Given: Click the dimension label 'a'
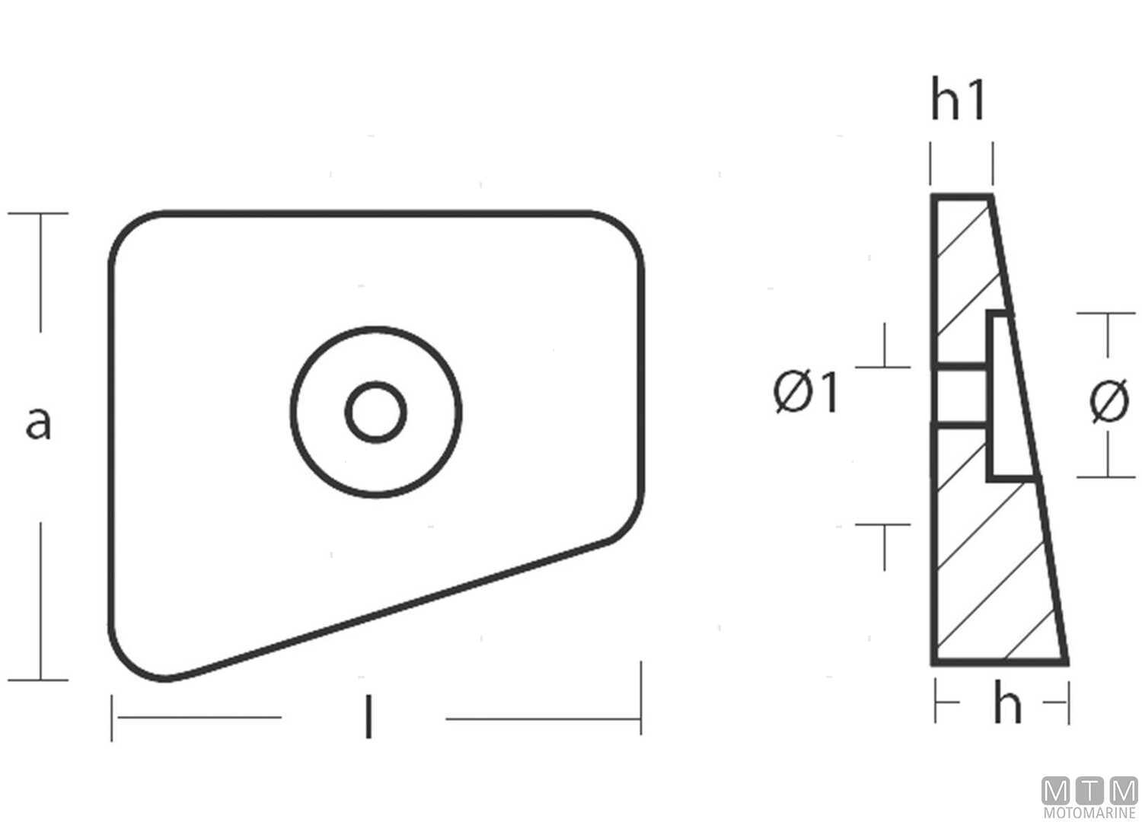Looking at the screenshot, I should [x=38, y=422].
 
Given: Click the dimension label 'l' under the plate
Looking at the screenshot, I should [x=368, y=717].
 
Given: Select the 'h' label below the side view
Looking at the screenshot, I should [x=1006, y=704].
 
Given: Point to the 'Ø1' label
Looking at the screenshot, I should [x=805, y=393].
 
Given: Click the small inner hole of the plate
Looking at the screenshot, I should [x=375, y=412].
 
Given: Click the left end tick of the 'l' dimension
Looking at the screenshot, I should [x=112, y=717].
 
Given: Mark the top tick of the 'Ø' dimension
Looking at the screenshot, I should [x=1105, y=313].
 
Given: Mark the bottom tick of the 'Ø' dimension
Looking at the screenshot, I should [x=1105, y=477].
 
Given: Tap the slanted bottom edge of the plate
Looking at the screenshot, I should [x=396, y=609].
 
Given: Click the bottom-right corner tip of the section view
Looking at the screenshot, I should [x=1066, y=662].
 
